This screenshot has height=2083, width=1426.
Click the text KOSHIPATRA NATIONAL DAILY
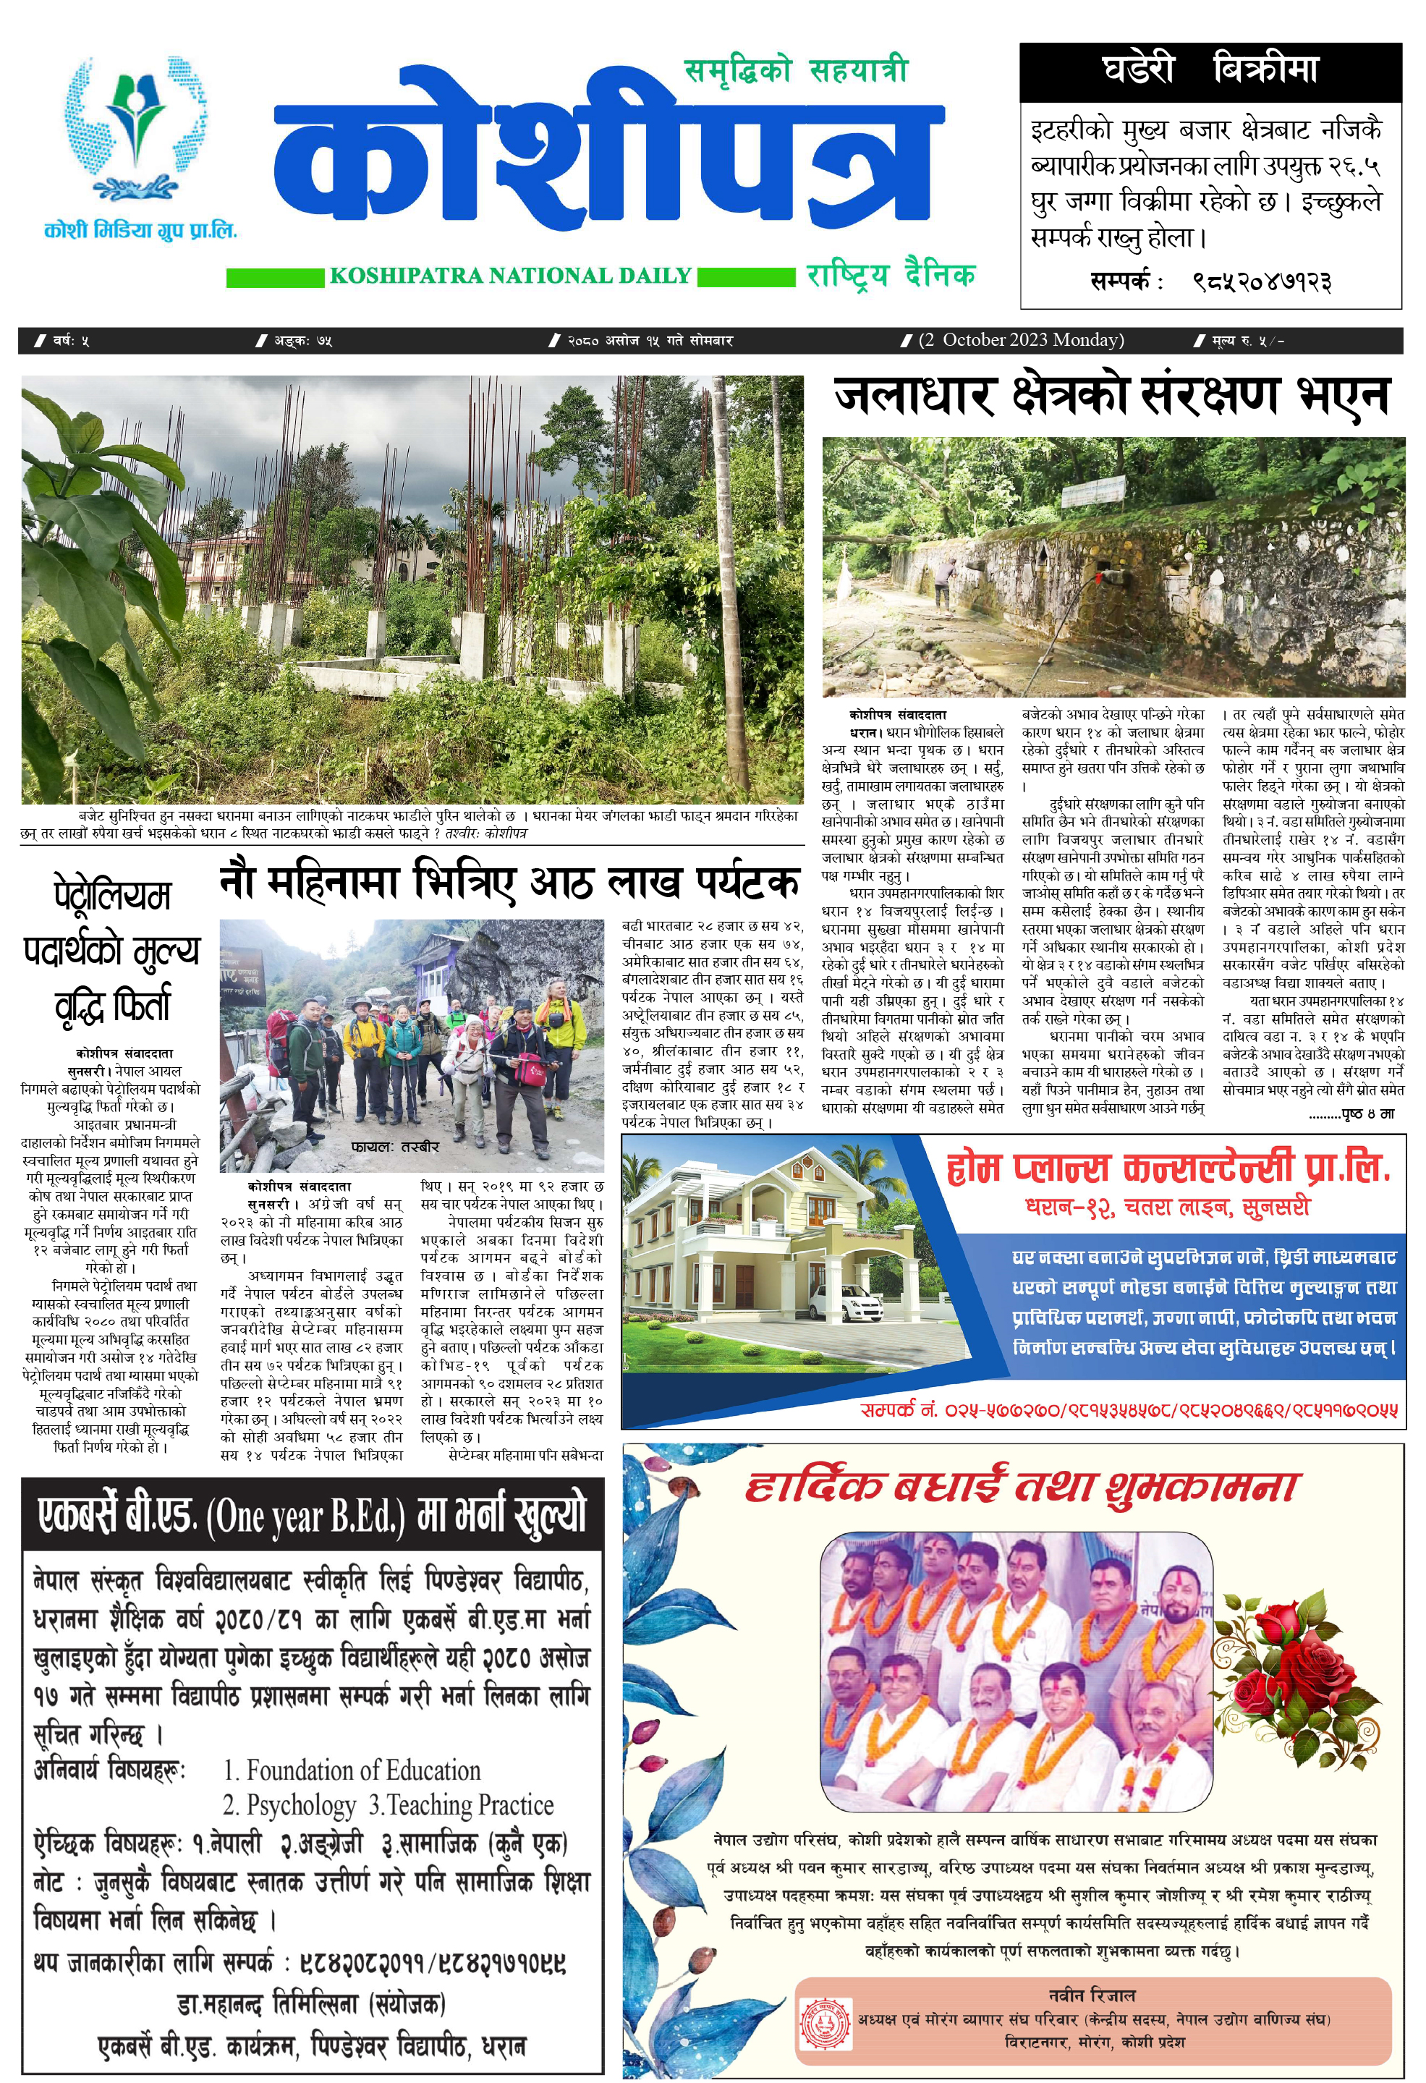[510, 276]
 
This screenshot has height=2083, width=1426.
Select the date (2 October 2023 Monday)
[1021, 340]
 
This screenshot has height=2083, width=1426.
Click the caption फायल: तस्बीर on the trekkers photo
[395, 1146]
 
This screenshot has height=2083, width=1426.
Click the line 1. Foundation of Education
[352, 1771]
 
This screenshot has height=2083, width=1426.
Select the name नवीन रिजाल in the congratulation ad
[1091, 1995]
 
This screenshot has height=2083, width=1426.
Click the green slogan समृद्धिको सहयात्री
[796, 71]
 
